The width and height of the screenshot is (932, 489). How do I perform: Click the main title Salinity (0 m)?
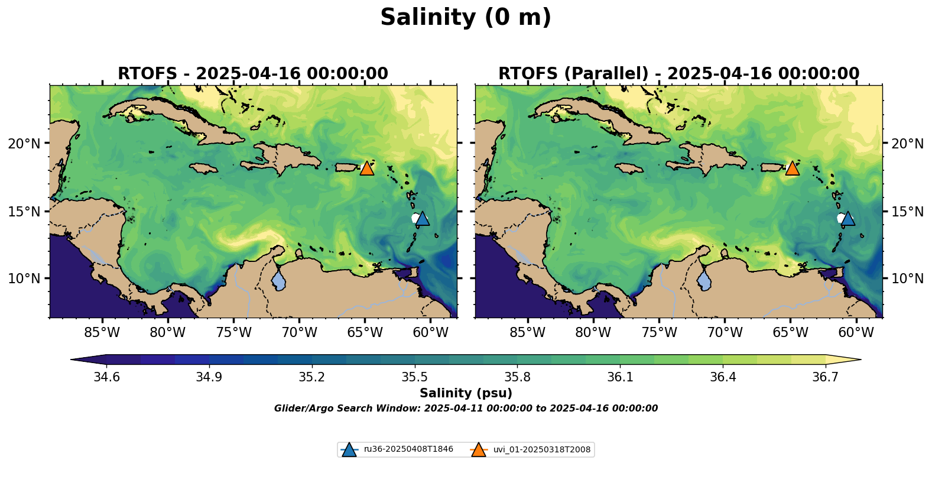(x=465, y=18)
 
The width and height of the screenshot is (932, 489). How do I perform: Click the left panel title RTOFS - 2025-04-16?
(x=252, y=74)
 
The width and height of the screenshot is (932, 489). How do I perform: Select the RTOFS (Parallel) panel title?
(x=678, y=74)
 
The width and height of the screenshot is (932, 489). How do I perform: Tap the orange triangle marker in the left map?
(x=367, y=169)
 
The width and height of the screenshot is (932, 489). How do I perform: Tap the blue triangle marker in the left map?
(x=423, y=219)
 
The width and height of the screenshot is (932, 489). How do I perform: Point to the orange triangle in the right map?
(x=792, y=169)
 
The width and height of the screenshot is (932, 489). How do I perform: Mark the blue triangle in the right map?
(x=848, y=219)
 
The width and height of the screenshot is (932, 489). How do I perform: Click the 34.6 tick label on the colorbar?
(x=106, y=378)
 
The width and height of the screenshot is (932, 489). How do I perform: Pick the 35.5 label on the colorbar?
(x=415, y=378)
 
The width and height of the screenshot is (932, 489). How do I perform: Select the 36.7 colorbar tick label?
(x=825, y=378)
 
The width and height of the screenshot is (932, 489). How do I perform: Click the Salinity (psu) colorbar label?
(x=466, y=393)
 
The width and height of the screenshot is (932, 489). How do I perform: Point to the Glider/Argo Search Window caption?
(x=466, y=409)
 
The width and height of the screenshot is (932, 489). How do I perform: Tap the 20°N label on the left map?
(x=24, y=144)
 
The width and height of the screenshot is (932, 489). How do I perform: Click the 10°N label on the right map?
(x=907, y=278)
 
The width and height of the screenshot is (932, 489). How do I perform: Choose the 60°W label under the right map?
(x=856, y=333)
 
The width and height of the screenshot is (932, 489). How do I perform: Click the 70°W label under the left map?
(x=299, y=333)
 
